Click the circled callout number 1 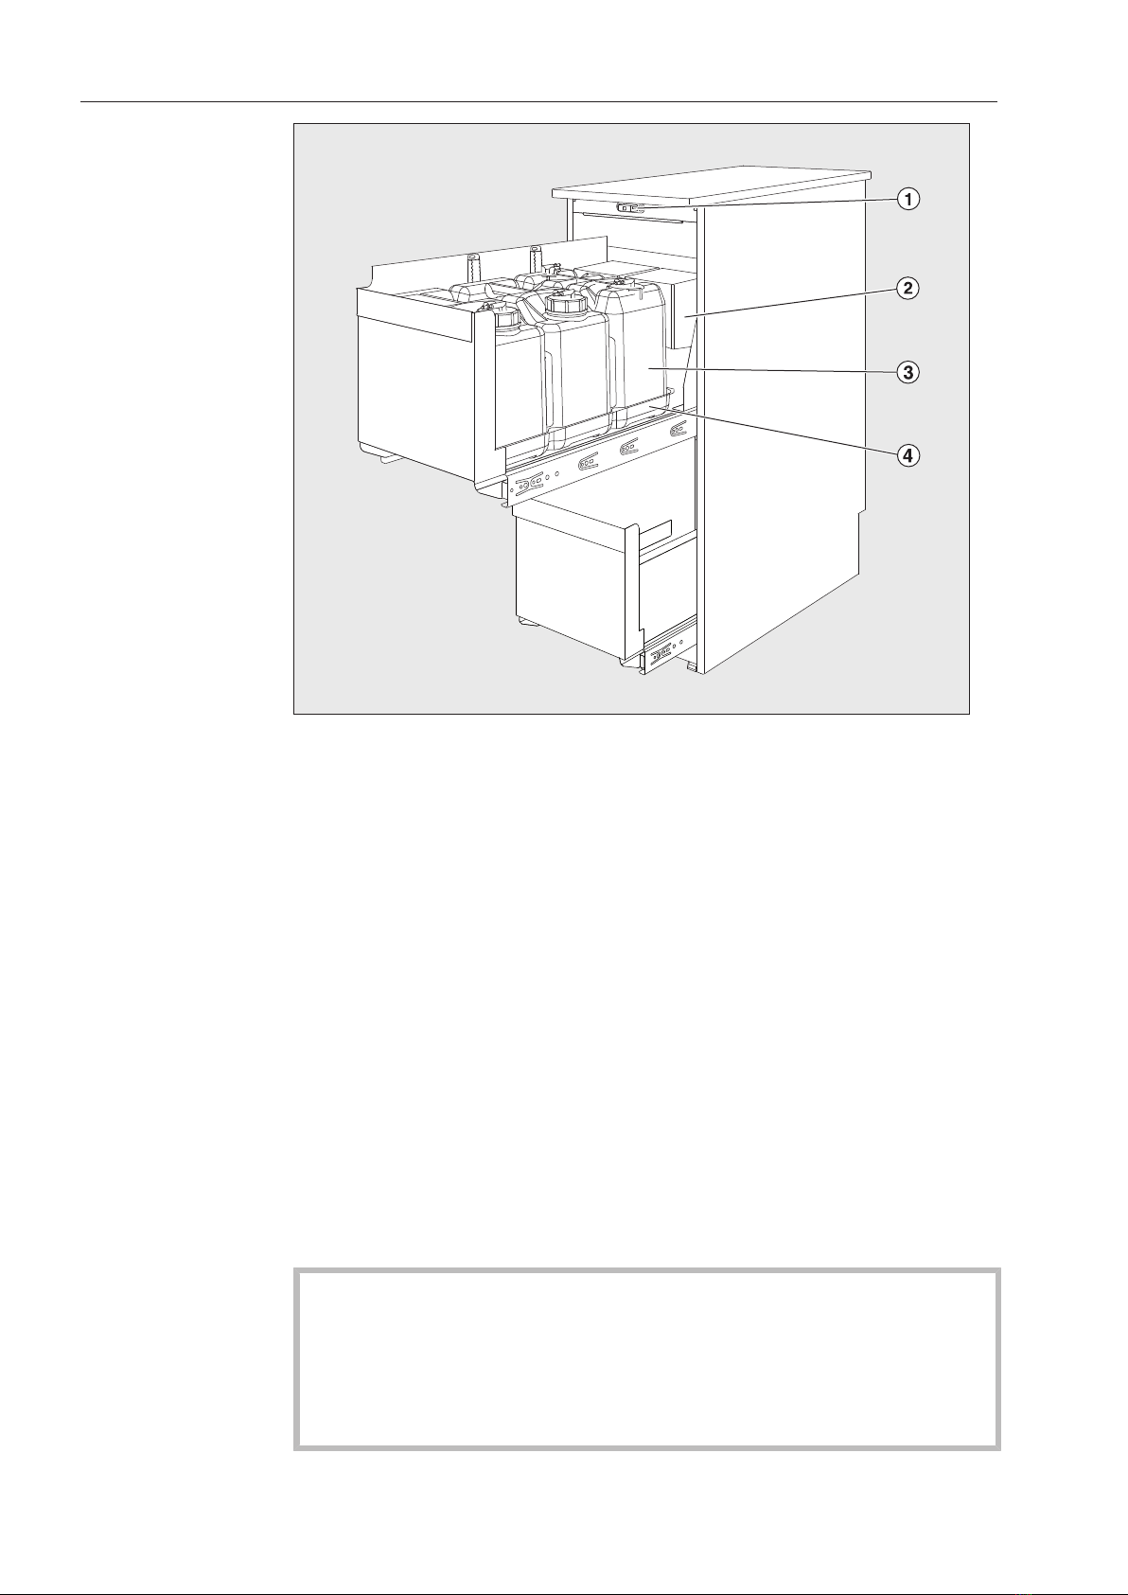click(907, 200)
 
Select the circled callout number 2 click(907, 289)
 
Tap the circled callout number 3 click(907, 372)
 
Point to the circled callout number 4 click(907, 454)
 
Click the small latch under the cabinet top click(630, 208)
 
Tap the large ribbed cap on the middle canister click(567, 304)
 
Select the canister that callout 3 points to click(636, 352)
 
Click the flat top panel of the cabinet click(712, 187)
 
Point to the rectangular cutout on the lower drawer click(655, 534)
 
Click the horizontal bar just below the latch click(636, 218)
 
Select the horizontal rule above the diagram click(538, 102)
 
